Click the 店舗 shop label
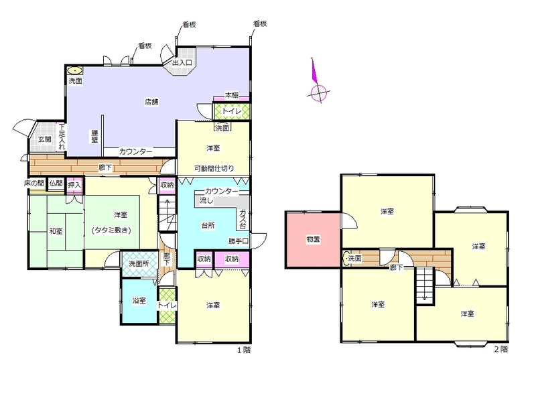coord(151,102)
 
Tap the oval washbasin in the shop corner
coord(74,71)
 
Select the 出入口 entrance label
coord(182,62)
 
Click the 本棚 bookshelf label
coord(231,94)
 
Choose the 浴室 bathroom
coord(139,301)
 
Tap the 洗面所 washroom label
coord(139,264)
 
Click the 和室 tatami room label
coord(56,231)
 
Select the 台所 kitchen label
coord(208,226)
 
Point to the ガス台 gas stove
coord(243,218)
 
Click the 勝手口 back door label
coord(239,241)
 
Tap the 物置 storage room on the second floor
coord(313,240)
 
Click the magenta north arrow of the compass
coord(314,71)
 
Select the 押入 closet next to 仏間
coord(74,186)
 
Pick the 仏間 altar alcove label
coord(56,183)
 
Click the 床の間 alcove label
coord(34,183)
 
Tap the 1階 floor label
coord(244,350)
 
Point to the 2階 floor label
coord(500,349)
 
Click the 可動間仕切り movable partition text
coord(214,168)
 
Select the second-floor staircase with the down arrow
coord(424,286)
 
